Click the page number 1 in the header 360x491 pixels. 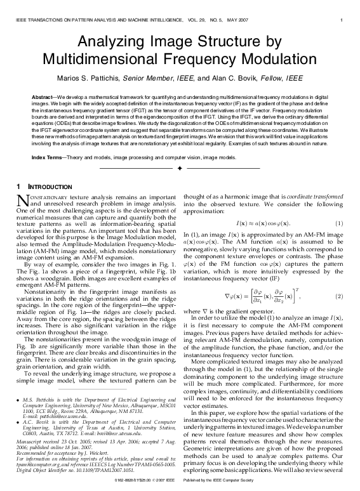pos(342,20)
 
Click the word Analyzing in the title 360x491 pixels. pos(108,43)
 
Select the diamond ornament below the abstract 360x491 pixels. pos(180,168)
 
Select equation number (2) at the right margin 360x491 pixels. pos(340,278)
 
